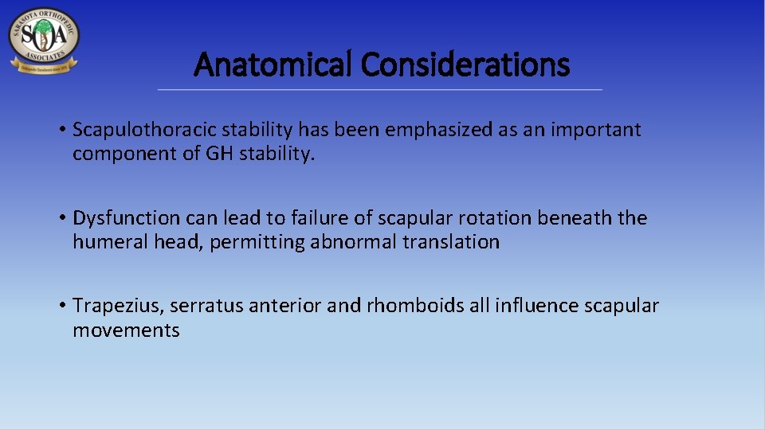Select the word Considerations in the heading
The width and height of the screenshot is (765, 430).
465,64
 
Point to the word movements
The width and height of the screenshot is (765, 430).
126,330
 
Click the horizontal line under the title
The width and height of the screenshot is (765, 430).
380,89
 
